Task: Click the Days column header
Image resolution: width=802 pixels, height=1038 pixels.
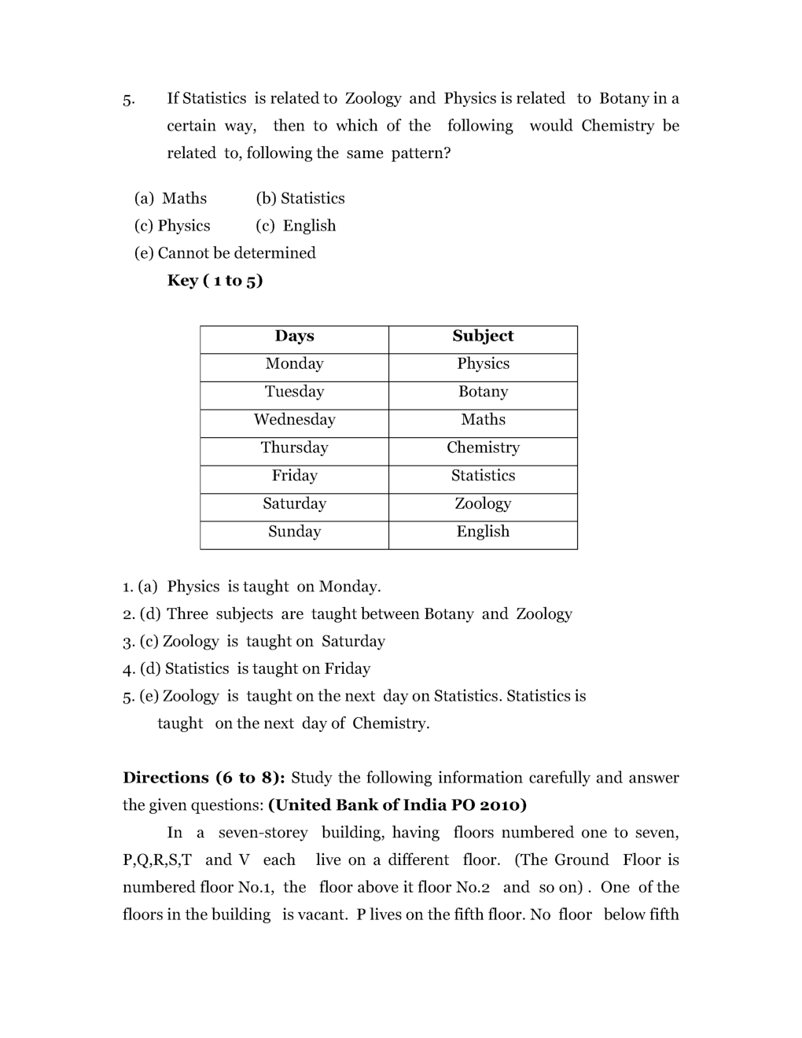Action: (294, 336)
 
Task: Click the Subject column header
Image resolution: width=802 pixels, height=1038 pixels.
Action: (483, 336)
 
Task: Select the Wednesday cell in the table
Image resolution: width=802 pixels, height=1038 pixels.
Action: (294, 420)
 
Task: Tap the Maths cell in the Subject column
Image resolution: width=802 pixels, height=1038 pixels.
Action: (483, 420)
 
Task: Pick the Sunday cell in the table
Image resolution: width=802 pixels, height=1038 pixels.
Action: (294, 532)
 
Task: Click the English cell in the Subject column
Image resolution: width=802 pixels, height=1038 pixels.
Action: (483, 532)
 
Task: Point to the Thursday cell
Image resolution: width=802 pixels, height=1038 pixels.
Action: (294, 447)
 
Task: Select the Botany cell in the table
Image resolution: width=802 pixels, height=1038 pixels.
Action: (483, 392)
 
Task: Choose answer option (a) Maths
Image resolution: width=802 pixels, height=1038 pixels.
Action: (171, 198)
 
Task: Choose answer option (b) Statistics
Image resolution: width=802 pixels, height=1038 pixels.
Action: (300, 198)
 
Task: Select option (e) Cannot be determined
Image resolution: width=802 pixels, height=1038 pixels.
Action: (225, 253)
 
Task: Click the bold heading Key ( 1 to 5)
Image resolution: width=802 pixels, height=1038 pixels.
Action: (215, 281)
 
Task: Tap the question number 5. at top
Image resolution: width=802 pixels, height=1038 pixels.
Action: (129, 100)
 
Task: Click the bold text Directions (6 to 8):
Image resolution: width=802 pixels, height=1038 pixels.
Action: (204, 778)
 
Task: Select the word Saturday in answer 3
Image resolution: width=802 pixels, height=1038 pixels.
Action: (353, 642)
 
